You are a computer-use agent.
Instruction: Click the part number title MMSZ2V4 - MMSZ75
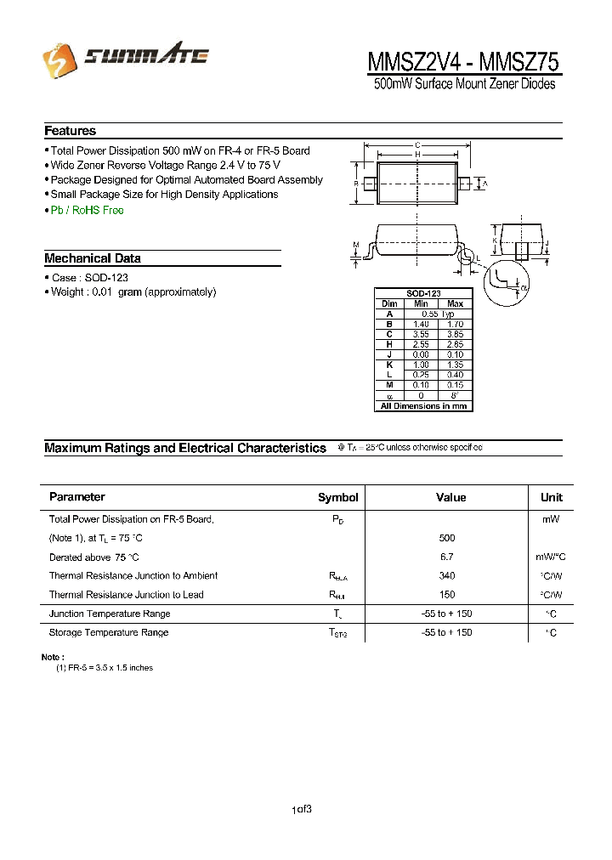click(x=463, y=62)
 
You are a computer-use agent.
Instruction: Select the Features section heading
click(x=70, y=131)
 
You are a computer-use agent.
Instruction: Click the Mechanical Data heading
click(x=92, y=258)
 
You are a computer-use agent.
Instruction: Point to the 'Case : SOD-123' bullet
click(x=89, y=278)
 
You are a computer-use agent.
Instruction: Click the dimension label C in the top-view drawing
click(x=417, y=145)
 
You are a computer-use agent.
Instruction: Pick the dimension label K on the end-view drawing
click(x=495, y=228)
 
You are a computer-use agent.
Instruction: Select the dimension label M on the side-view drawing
click(x=355, y=245)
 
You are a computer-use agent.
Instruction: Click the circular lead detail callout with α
click(x=507, y=282)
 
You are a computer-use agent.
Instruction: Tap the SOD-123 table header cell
click(x=423, y=293)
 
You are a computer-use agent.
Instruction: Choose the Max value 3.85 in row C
click(x=455, y=334)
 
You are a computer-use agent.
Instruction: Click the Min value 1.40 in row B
click(x=421, y=324)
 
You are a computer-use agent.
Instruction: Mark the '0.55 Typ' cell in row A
click(x=438, y=314)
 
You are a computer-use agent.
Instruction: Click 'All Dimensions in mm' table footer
click(x=423, y=405)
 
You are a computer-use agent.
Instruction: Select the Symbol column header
click(x=337, y=497)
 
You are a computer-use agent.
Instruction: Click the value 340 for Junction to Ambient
click(x=447, y=575)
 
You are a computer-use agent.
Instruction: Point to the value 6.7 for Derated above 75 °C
click(x=447, y=557)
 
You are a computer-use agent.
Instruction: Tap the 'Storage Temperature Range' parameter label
click(x=108, y=632)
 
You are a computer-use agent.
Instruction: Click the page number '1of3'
click(x=302, y=810)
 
